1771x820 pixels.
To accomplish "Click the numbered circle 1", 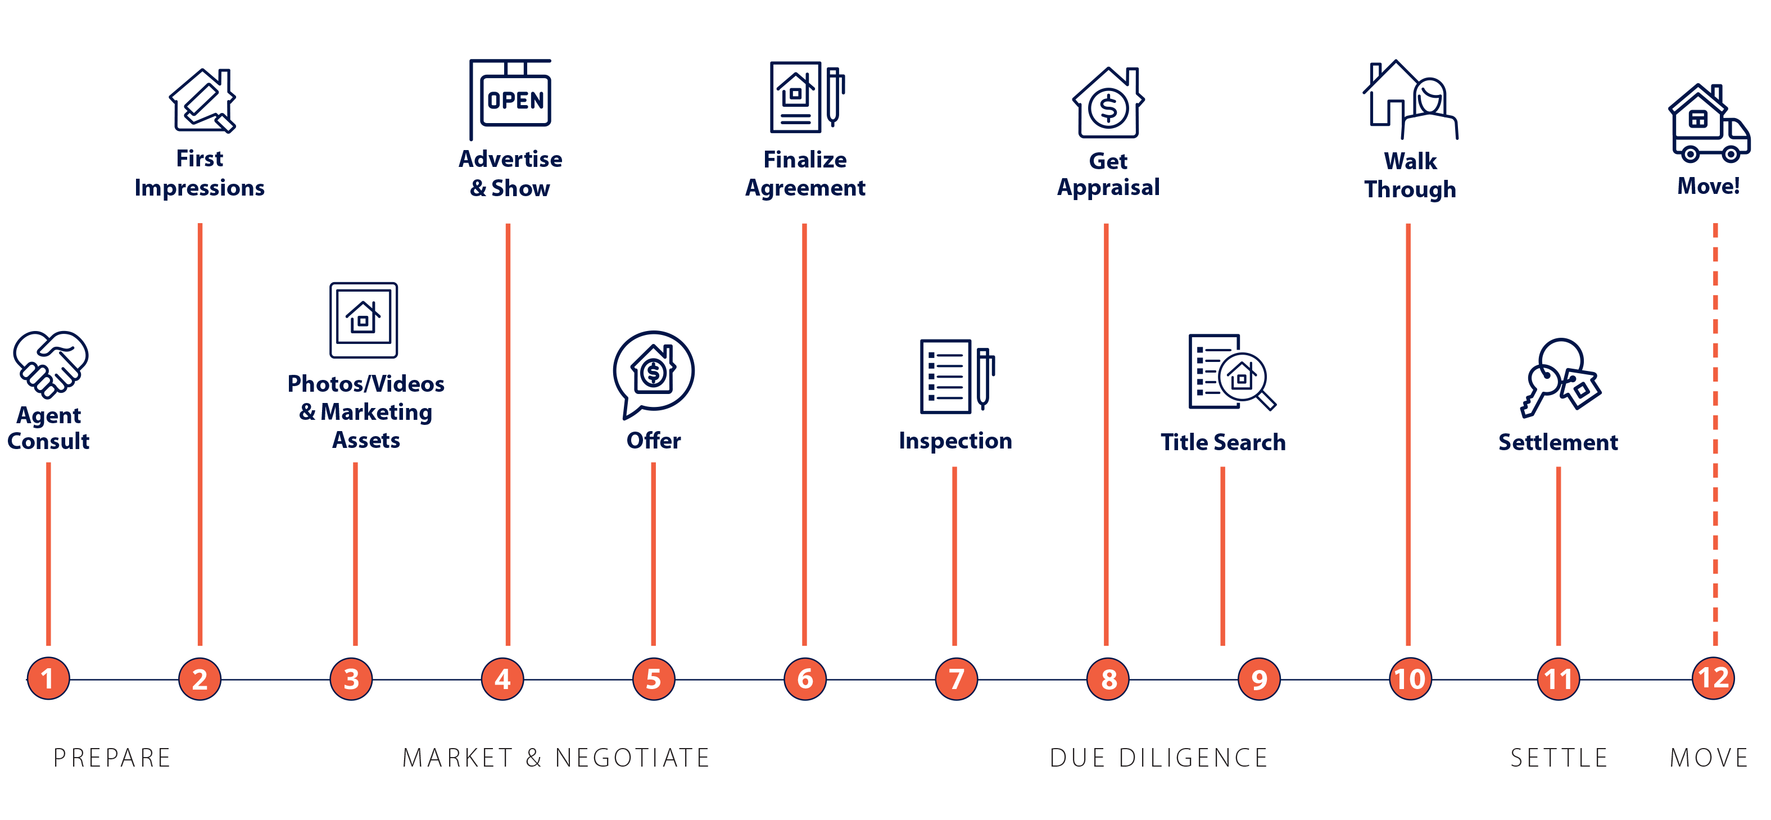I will point(48,678).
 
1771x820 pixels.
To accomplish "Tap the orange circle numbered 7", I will point(955,678).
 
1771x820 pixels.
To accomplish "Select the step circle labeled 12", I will point(1713,678).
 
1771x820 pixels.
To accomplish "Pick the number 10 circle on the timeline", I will point(1410,678).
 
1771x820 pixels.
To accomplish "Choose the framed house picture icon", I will point(364,320).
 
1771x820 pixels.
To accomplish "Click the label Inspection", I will point(955,441).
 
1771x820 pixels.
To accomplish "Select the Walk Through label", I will point(1410,175).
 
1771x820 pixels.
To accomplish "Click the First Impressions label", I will point(200,173).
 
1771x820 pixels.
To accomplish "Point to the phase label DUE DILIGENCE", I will point(1158,756).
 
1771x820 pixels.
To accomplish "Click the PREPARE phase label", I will point(112,756).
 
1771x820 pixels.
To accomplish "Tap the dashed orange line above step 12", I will point(1715,433).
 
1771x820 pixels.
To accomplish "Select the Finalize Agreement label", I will point(805,173).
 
